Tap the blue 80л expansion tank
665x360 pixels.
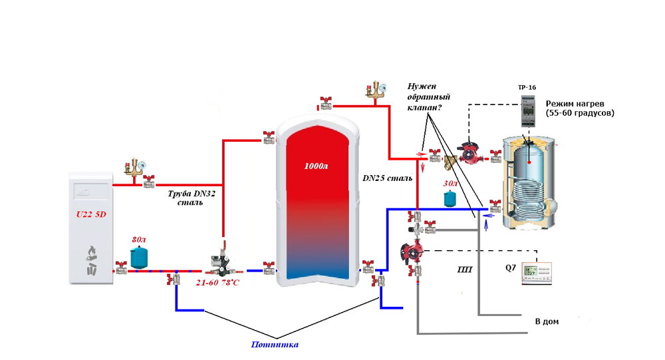(139, 257)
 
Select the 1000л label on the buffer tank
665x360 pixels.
(316, 165)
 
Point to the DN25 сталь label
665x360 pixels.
(387, 178)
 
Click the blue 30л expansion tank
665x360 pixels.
(450, 198)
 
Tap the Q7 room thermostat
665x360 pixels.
(537, 272)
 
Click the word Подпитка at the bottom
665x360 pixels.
(275, 345)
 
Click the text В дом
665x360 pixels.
(547, 322)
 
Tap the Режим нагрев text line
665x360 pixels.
(579, 104)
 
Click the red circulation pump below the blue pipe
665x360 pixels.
(408, 252)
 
